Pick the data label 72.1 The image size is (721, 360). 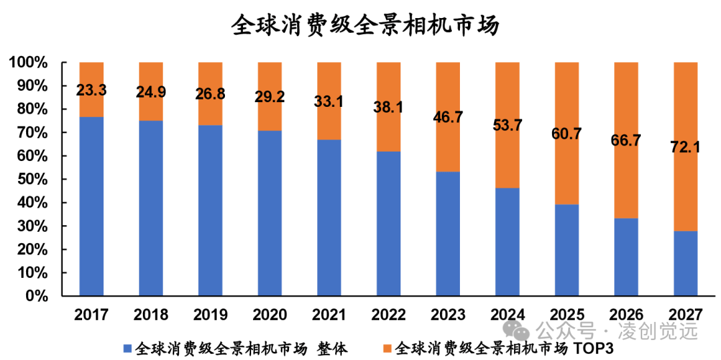coord(686,147)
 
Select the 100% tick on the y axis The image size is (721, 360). coord(29,63)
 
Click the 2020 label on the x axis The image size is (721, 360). coord(270,315)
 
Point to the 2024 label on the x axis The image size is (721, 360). coord(507,315)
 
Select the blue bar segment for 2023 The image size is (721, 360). coord(448,234)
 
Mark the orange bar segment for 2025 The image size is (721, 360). coord(567,167)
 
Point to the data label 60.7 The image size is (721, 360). coord(567,134)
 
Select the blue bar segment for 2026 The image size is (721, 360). coord(626,257)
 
